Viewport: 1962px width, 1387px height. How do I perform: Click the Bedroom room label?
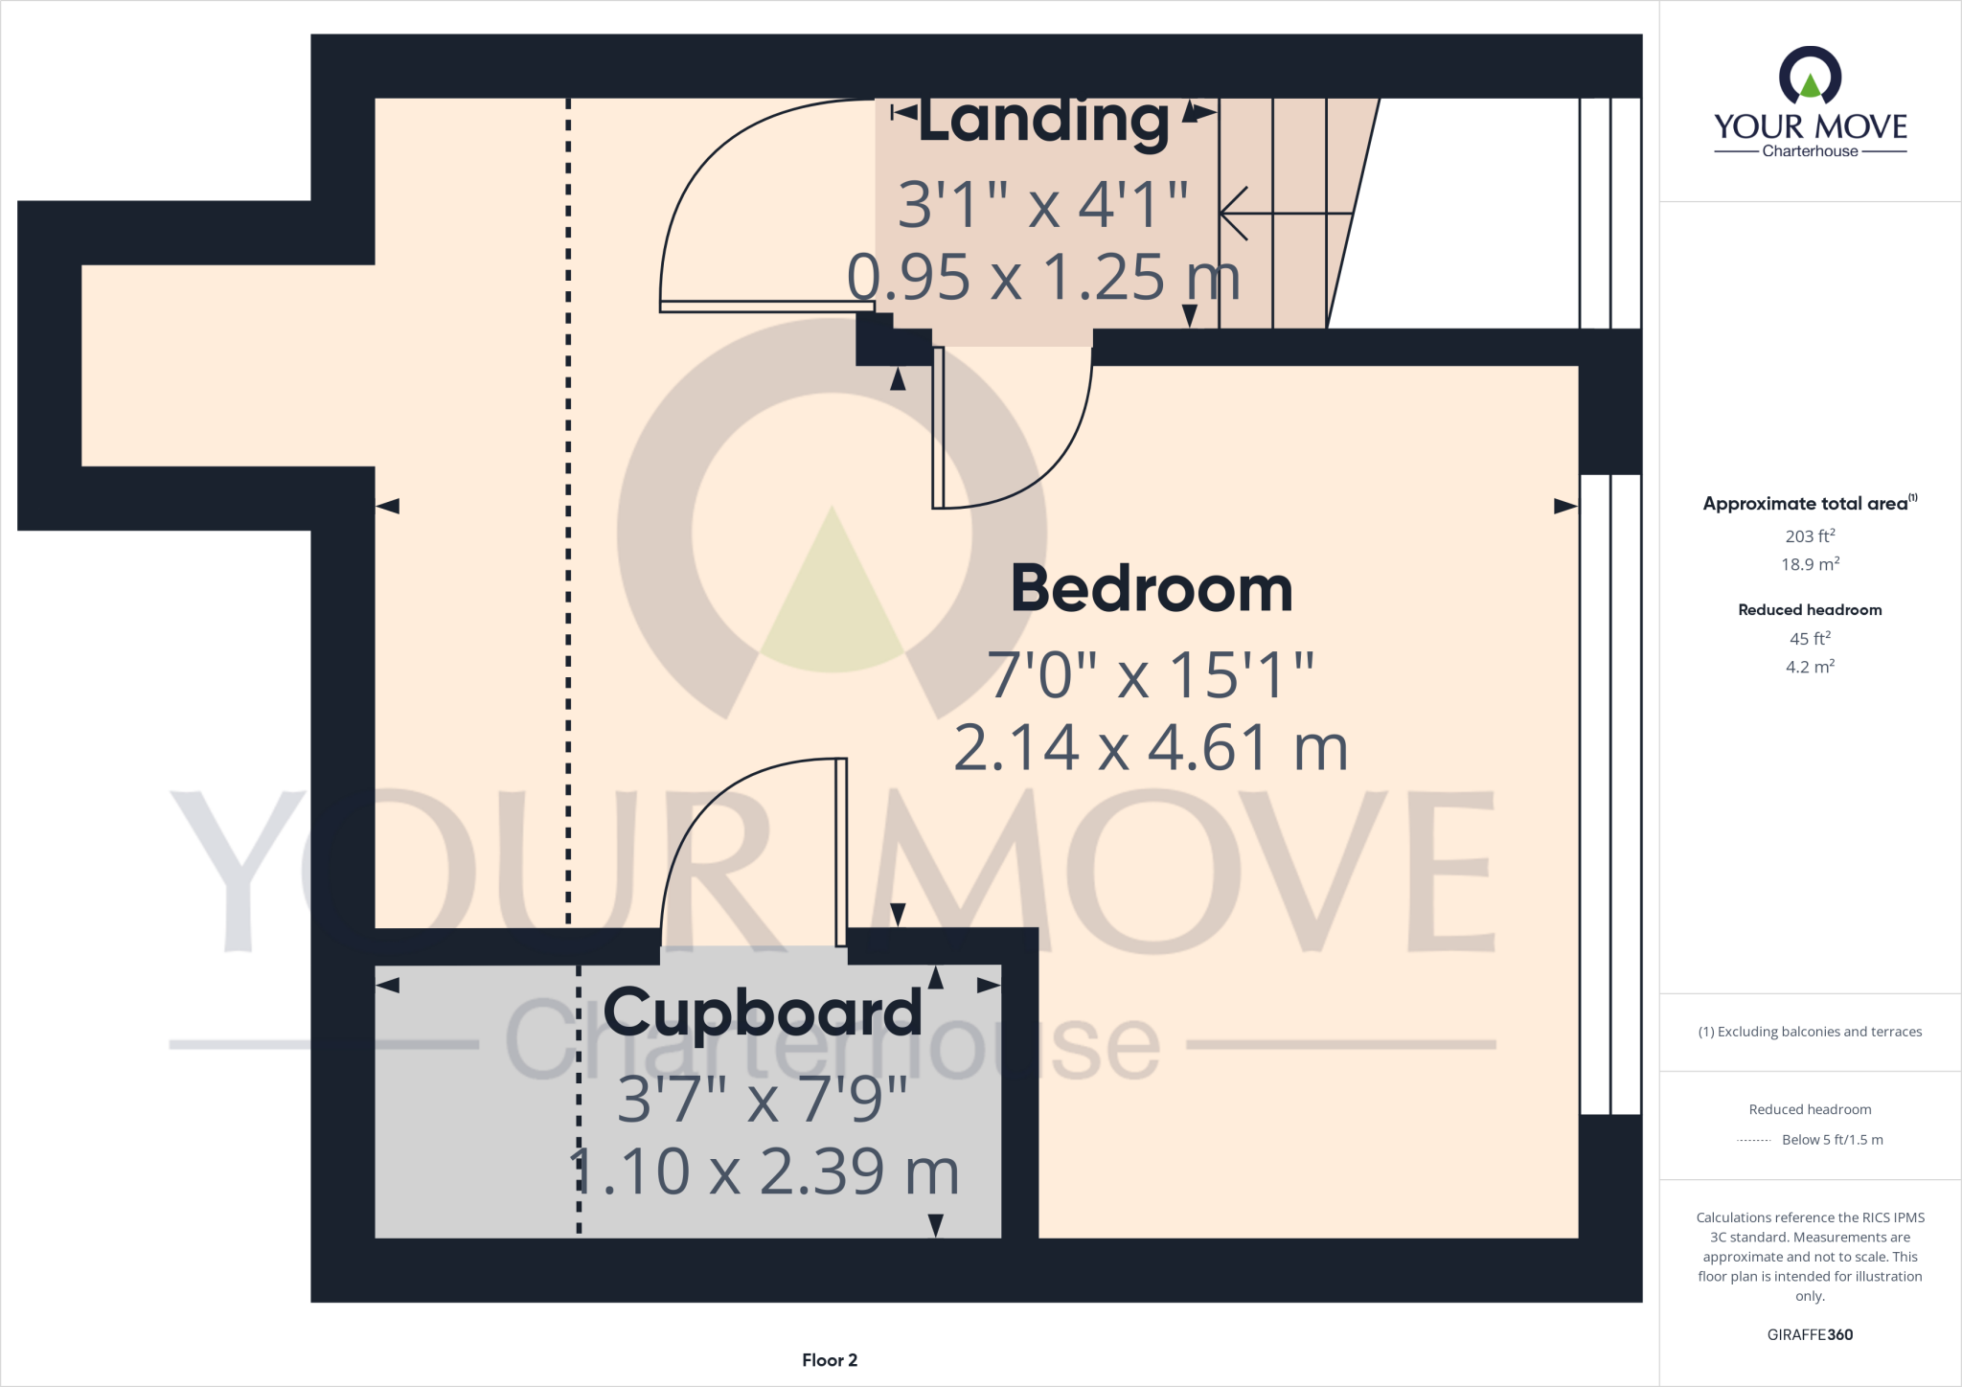[1152, 589]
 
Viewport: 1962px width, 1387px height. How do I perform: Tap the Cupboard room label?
[763, 1012]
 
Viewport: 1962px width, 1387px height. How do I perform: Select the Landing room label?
[1044, 121]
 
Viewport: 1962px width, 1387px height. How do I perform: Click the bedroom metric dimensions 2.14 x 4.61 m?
[1151, 748]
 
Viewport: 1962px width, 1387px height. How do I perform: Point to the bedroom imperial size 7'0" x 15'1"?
[1151, 675]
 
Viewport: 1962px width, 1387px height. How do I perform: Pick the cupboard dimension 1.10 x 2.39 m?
[764, 1171]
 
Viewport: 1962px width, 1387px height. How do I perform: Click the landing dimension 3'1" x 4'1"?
[1043, 204]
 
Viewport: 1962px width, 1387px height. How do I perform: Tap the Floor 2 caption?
[830, 1360]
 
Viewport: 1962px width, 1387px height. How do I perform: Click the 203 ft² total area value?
[1810, 536]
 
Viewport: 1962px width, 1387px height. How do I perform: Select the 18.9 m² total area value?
[1810, 564]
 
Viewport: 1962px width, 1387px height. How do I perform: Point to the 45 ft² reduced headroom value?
[1810, 639]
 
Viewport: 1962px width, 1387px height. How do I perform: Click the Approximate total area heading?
[1805, 504]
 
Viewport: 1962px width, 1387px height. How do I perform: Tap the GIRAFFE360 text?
[1810, 1334]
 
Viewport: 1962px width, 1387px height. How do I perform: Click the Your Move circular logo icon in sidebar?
[1810, 76]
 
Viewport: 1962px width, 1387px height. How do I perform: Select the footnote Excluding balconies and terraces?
[1810, 1032]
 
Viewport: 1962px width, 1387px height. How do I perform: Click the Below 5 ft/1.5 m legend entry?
[1832, 1140]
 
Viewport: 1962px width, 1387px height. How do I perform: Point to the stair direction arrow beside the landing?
[1284, 213]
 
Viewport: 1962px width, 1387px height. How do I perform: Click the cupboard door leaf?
[841, 853]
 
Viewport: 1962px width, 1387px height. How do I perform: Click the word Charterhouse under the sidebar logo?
[1810, 151]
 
